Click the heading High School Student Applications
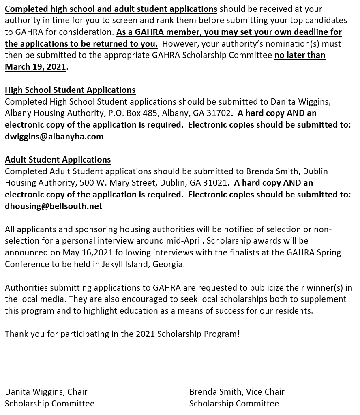pos(70,90)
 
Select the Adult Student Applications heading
pos(58,160)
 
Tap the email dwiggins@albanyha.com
pos(54,137)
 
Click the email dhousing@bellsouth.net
pos(54,206)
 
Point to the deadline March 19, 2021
pos(35,67)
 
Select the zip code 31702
pos(219,113)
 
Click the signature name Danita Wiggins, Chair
pos(46,392)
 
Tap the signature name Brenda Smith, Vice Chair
pos(237,392)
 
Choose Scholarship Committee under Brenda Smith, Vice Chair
pos(234,404)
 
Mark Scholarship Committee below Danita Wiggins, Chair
pos(49,404)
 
